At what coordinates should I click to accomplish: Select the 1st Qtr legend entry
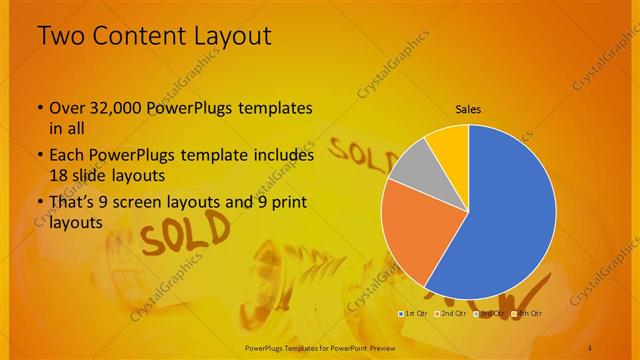coord(414,315)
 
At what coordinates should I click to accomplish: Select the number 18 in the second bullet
coord(58,175)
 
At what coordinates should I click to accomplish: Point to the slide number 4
coord(591,347)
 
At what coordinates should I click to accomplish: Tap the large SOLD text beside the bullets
coord(174,239)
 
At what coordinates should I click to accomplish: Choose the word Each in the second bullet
coord(66,156)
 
